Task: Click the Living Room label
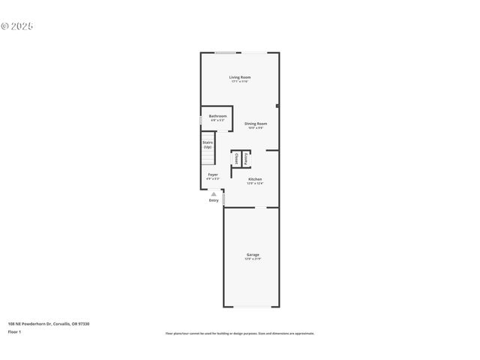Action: (x=239, y=77)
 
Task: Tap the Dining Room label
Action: (x=256, y=124)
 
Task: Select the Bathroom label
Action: (x=217, y=116)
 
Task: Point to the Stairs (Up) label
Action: (x=207, y=144)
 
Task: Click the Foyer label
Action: (x=213, y=175)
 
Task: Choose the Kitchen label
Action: (x=255, y=178)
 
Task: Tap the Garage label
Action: (x=253, y=255)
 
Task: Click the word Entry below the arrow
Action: (x=214, y=200)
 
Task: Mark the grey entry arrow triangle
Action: (x=214, y=193)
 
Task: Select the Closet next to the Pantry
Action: (x=236, y=159)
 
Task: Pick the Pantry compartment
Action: (x=245, y=159)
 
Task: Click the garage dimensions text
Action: (x=253, y=259)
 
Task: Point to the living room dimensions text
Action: (x=239, y=82)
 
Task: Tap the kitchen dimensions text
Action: (x=255, y=183)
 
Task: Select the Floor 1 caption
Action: (x=15, y=331)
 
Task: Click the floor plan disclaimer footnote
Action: (x=239, y=334)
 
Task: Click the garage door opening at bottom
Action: (x=251, y=307)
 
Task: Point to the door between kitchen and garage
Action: (x=256, y=207)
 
